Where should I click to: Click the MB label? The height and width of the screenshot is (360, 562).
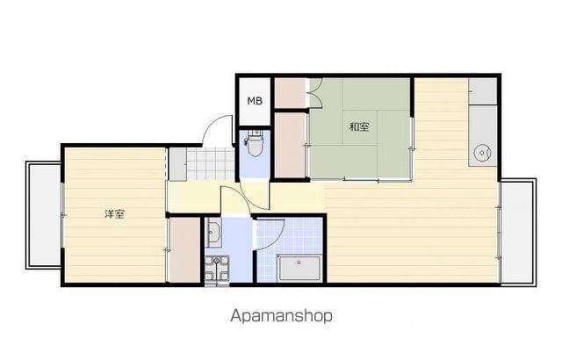(x=255, y=101)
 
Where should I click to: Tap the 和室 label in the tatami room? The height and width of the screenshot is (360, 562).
(x=359, y=126)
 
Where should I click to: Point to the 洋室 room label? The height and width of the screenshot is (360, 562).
(x=114, y=214)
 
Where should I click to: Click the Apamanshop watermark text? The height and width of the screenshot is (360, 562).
(x=281, y=316)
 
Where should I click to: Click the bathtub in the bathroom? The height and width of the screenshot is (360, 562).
(x=299, y=268)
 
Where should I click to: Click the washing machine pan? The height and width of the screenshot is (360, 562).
(x=217, y=269)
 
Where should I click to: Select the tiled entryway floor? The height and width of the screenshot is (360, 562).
(x=211, y=164)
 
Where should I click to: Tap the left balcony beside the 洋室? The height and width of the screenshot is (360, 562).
(x=44, y=215)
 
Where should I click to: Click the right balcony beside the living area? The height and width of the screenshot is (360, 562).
(x=518, y=232)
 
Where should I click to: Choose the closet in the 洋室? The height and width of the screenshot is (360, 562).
(x=184, y=249)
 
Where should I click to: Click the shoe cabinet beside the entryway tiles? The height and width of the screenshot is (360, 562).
(x=177, y=164)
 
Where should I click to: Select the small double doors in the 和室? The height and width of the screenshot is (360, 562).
(x=316, y=93)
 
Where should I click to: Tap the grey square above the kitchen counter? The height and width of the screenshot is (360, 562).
(x=482, y=91)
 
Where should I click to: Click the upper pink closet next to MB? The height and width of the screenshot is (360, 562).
(x=291, y=93)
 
